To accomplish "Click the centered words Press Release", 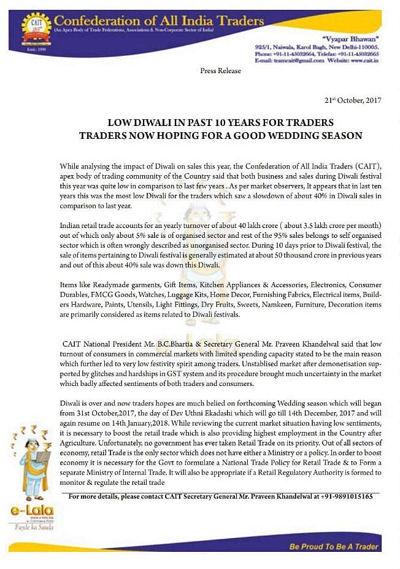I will [x=220, y=71].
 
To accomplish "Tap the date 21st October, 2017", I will [x=353, y=100].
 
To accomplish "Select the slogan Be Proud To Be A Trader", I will [x=334, y=546].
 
